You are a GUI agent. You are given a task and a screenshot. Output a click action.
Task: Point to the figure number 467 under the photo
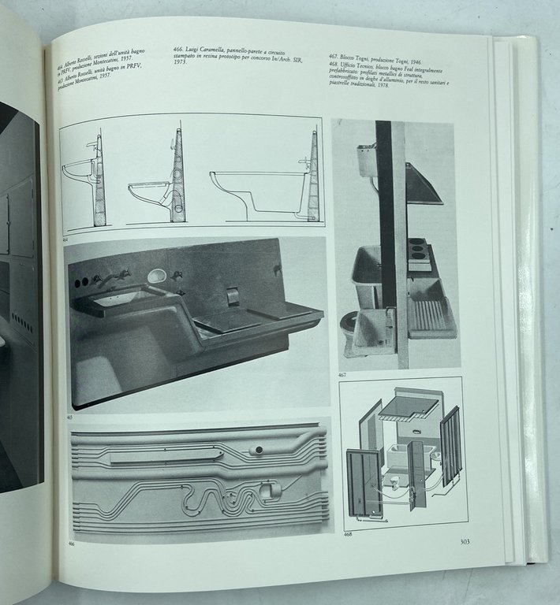pyautogui.click(x=342, y=375)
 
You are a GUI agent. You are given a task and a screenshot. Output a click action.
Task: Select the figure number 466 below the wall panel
pyautogui.click(x=72, y=544)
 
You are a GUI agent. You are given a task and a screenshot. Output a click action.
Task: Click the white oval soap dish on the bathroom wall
pyautogui.click(x=157, y=276)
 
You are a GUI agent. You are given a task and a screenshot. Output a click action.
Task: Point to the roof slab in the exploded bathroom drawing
pyautogui.click(x=408, y=406)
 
